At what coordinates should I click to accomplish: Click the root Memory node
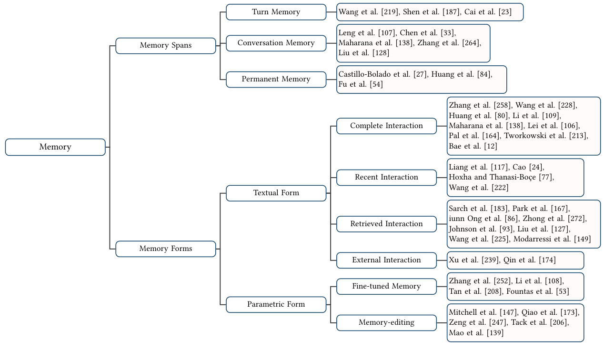(55, 147)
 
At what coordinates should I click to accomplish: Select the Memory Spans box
(166, 46)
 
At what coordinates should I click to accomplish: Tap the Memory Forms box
(166, 249)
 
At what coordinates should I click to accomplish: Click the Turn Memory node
(276, 12)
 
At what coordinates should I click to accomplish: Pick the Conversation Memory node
(276, 43)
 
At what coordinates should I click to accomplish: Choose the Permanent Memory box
(276, 79)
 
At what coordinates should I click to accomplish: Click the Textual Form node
(276, 193)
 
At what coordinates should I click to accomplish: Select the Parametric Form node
(276, 304)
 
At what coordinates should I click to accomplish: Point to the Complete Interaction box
(386, 126)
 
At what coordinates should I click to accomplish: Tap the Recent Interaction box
(386, 177)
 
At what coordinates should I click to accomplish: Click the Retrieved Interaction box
(386, 224)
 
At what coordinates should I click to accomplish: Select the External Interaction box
(386, 260)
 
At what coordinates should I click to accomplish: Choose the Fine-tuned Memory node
(386, 286)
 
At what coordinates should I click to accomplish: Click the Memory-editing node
(386, 322)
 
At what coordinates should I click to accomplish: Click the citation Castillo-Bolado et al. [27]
(383, 74)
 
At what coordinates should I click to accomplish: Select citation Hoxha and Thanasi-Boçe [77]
(501, 177)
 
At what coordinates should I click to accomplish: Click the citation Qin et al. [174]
(529, 260)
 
